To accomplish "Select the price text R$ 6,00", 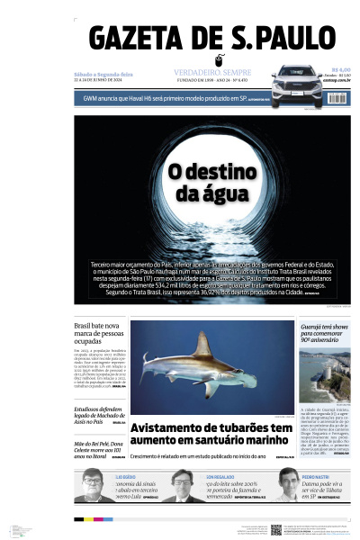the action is pos(339,68).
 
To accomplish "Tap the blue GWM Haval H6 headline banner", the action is pos(171,96).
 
